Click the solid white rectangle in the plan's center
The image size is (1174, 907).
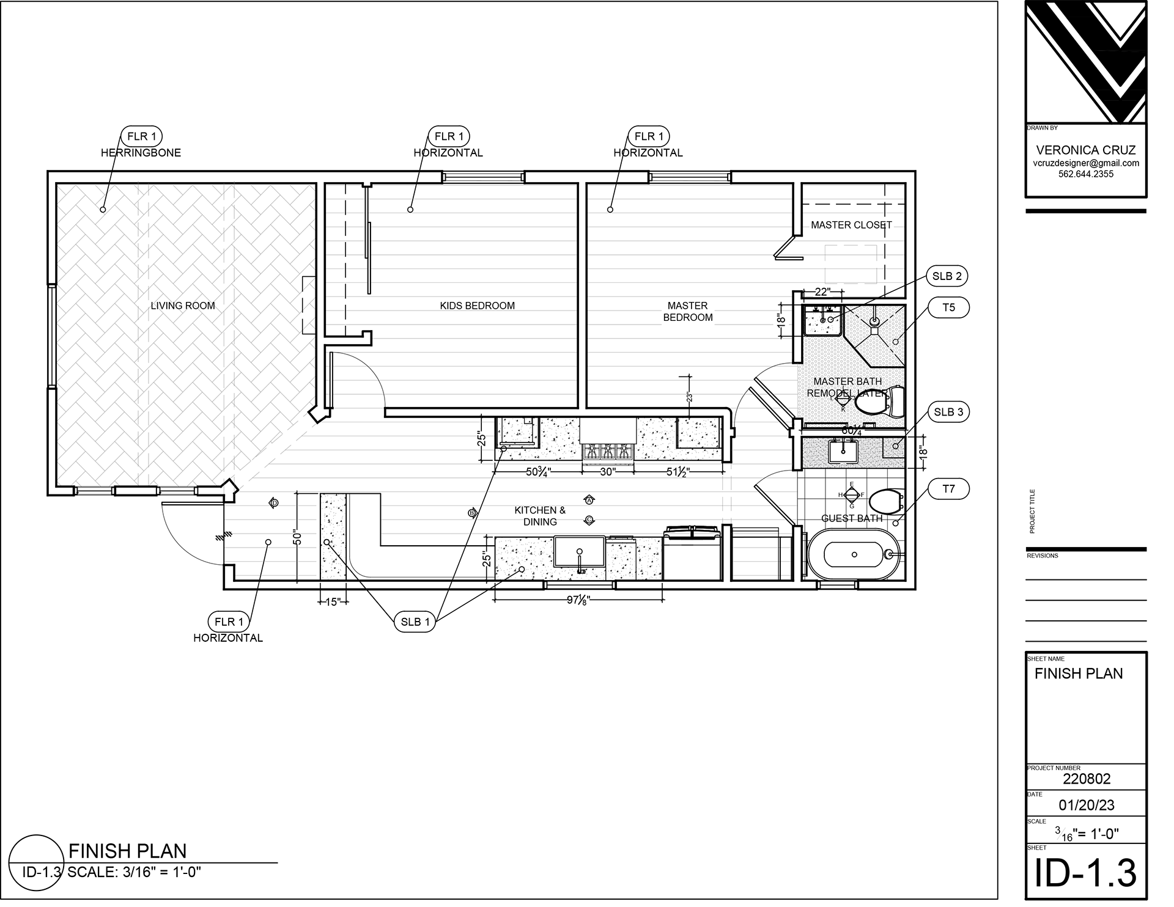608,431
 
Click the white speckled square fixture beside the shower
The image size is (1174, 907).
822,320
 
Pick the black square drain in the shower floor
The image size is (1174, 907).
874,331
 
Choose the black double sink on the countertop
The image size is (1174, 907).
844,453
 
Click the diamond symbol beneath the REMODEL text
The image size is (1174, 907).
844,400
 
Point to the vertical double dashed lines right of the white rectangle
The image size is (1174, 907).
728,495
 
